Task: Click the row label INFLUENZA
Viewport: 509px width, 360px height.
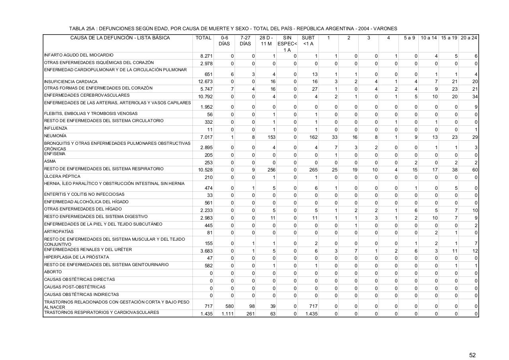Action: [56, 128]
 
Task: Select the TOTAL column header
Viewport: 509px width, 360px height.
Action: [203, 38]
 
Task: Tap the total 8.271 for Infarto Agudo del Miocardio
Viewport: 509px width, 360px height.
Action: [206, 56]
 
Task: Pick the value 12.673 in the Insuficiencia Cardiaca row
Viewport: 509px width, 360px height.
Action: [205, 82]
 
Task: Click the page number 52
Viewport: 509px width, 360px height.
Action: [472, 344]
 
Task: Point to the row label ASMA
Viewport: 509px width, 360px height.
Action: [50, 162]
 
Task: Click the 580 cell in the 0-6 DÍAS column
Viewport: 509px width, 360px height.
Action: [228, 306]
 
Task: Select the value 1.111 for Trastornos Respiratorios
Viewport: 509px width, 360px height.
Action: [227, 314]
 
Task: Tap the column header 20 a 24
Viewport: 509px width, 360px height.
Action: [469, 38]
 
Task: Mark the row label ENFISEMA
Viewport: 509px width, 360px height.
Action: [54, 154]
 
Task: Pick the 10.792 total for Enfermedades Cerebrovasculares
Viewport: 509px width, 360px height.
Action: [205, 97]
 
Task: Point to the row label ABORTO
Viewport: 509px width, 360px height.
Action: [53, 272]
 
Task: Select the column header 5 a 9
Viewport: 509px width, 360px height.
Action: [409, 38]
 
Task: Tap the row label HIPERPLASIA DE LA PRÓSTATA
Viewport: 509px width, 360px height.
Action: [76, 257]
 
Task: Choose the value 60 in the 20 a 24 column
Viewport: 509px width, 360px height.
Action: [475, 170]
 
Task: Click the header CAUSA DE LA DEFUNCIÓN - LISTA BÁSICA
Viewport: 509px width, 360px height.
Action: [120, 38]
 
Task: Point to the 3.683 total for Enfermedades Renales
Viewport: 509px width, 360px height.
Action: [206, 251]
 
